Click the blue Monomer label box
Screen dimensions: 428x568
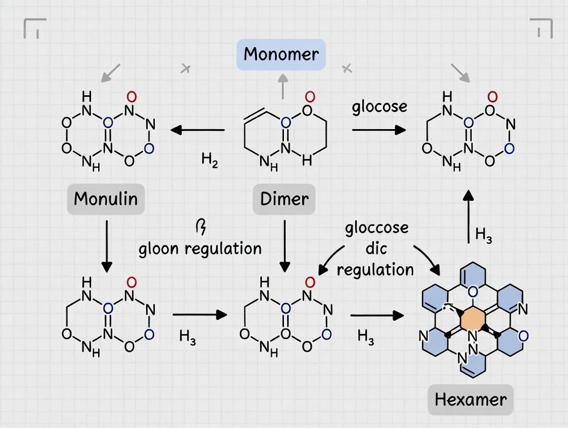[x=281, y=55]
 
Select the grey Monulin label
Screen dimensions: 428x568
[x=105, y=199]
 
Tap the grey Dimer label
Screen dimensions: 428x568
[x=284, y=199]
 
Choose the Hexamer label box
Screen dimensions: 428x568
[x=470, y=400]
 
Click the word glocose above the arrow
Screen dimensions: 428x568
[x=380, y=106]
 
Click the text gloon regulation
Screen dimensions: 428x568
[x=200, y=248]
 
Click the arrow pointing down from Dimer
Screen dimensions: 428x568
[x=285, y=246]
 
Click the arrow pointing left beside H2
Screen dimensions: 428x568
[x=198, y=130]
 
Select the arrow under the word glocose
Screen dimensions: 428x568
[x=379, y=130]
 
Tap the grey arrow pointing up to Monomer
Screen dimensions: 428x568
[x=282, y=85]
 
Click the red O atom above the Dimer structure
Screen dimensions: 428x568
[x=309, y=97]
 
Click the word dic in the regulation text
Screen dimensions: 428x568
[x=376, y=248]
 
